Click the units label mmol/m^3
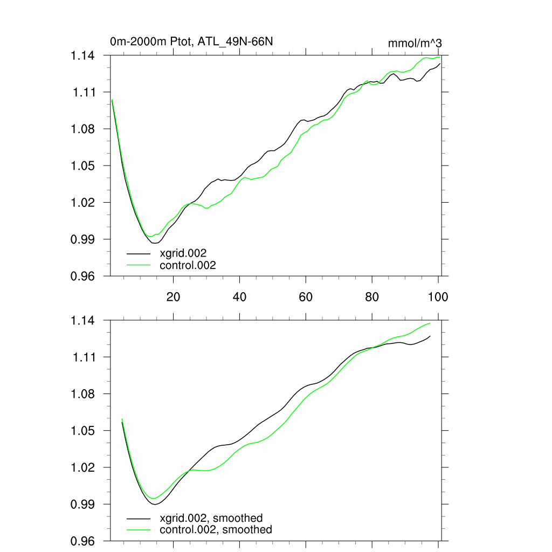pyautogui.click(x=415, y=43)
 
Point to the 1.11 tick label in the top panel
pyautogui.click(x=85, y=92)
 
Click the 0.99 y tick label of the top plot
pyautogui.click(x=85, y=239)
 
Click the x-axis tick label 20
pyautogui.click(x=173, y=297)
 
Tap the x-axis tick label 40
pyautogui.click(x=239, y=297)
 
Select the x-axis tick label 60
pyautogui.click(x=306, y=297)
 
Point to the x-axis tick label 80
pyautogui.click(x=372, y=297)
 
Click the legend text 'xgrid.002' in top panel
pyautogui.click(x=183, y=253)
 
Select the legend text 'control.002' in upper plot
pyautogui.click(x=188, y=265)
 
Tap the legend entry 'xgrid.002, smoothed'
pyautogui.click(x=211, y=517)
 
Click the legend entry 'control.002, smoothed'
pyautogui.click(x=216, y=530)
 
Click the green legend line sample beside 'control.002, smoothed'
pyautogui.click(x=139, y=530)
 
